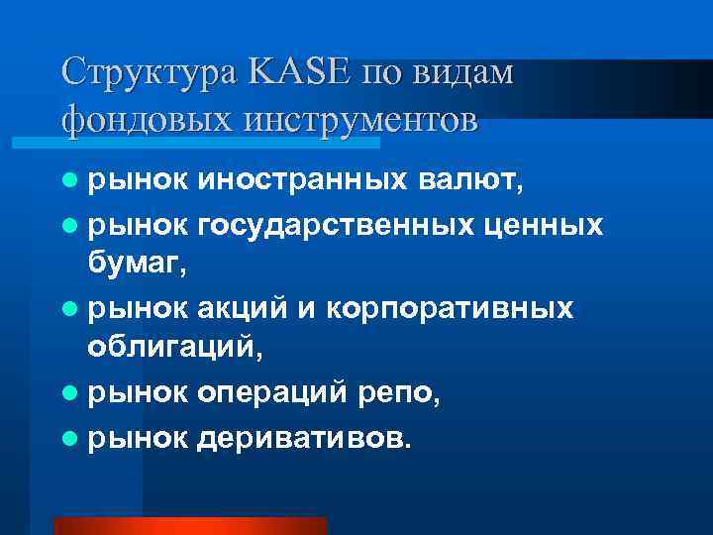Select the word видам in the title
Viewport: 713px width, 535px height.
(x=468, y=73)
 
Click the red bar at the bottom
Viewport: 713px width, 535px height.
(x=189, y=526)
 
